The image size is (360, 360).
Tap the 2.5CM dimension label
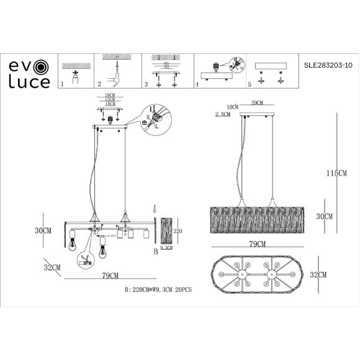click(x=221, y=115)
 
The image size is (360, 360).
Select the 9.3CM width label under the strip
click(x=166, y=248)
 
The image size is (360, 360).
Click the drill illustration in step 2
click(x=115, y=74)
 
